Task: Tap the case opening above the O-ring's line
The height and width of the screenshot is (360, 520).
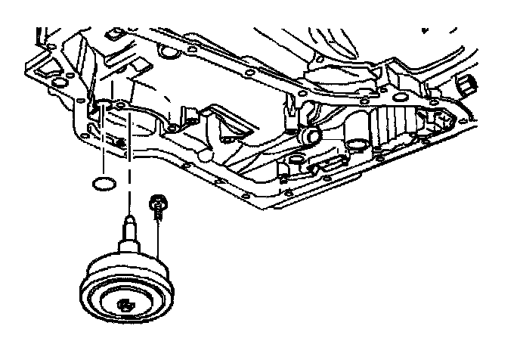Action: coord(98,113)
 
